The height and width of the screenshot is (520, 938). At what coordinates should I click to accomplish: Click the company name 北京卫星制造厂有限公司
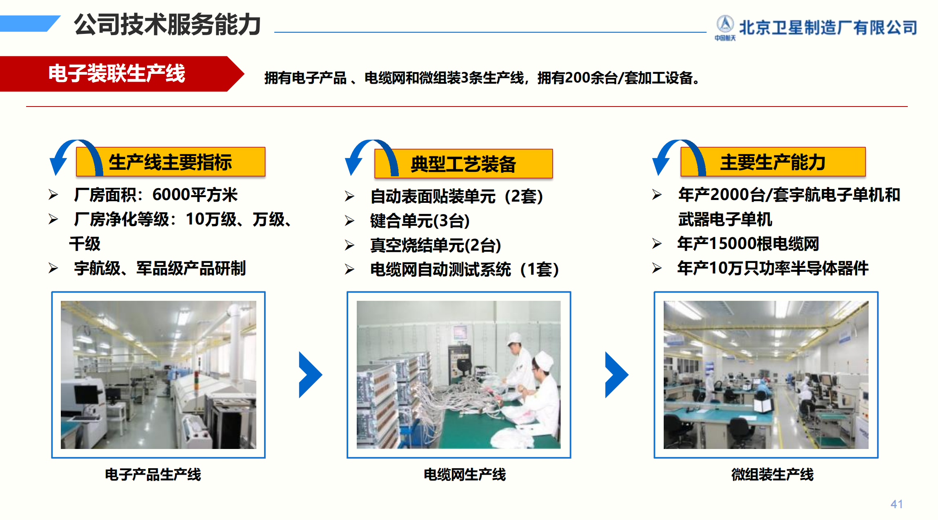[x=828, y=28]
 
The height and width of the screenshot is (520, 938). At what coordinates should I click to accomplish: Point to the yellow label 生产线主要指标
[x=171, y=162]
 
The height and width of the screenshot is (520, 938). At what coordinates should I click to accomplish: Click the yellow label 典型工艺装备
[x=463, y=164]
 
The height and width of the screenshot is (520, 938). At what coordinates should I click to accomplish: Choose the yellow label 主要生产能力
[x=773, y=162]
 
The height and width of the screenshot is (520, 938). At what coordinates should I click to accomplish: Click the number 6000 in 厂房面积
[x=171, y=195]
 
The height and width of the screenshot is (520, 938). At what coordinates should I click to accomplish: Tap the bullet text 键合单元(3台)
[x=420, y=221]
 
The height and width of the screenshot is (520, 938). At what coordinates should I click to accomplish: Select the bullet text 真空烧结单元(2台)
[x=436, y=245]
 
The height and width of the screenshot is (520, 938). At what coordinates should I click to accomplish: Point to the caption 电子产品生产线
[x=153, y=475]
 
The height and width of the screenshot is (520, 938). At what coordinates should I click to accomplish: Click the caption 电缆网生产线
[x=465, y=475]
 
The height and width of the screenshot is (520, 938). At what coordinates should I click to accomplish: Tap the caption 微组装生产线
[x=772, y=475]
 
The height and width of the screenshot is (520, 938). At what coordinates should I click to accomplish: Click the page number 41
[x=896, y=504]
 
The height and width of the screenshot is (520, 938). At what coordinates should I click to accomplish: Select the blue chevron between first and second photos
[x=311, y=375]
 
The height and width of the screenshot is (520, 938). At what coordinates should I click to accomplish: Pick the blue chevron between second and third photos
[x=617, y=375]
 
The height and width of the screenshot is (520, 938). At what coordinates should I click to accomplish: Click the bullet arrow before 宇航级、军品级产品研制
[x=53, y=268]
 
